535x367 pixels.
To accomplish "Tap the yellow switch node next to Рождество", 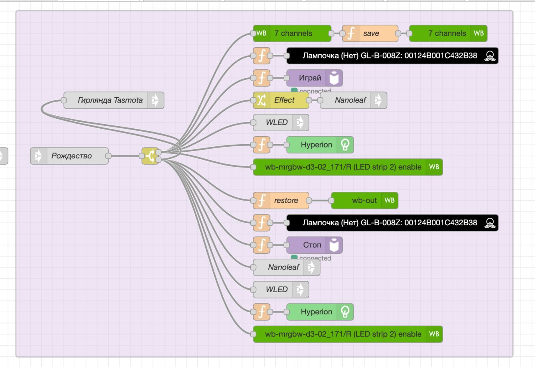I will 150,156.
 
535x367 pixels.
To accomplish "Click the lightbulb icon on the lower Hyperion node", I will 345,312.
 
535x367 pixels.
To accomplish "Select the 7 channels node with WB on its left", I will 291,33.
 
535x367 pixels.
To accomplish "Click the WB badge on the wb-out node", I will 389,201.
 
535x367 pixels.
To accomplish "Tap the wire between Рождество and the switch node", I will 125,156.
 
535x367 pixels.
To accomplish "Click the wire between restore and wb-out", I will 320,201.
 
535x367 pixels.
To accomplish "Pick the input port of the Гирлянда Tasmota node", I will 64,100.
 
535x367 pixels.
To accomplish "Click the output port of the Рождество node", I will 108,156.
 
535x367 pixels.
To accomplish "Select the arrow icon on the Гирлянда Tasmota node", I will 155,100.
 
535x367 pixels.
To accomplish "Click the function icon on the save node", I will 351,33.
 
